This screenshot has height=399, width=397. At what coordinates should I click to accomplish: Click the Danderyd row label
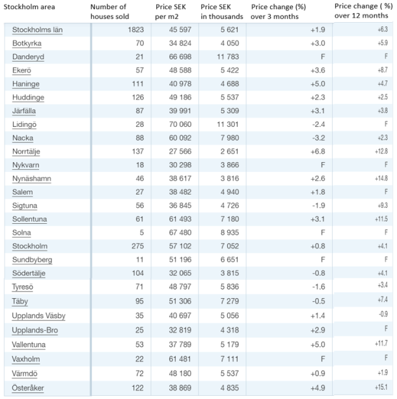click(28, 57)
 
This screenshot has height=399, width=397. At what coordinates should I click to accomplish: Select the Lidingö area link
click(24, 124)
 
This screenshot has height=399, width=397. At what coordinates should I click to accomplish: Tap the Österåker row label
click(28, 388)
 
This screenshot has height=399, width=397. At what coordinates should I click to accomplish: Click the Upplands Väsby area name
click(38, 316)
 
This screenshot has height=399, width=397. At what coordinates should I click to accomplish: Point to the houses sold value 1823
click(135, 29)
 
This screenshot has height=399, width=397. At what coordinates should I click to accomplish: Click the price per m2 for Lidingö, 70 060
click(180, 124)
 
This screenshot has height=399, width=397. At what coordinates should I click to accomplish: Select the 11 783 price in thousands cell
click(228, 57)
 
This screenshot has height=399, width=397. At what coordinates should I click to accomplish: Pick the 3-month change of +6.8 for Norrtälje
click(318, 152)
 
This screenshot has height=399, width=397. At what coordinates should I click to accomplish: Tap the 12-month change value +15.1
click(381, 387)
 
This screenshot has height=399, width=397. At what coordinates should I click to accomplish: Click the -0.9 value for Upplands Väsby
click(383, 314)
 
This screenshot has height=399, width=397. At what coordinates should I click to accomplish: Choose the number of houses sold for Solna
click(141, 232)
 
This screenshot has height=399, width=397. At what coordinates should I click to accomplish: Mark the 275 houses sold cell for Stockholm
click(138, 246)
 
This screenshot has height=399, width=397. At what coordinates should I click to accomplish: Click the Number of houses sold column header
click(110, 12)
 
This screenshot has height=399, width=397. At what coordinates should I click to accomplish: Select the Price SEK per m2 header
click(171, 12)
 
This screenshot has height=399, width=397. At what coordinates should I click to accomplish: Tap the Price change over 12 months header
click(363, 10)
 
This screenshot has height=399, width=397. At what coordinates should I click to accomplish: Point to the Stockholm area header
click(29, 7)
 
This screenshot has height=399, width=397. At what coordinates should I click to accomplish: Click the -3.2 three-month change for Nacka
click(319, 138)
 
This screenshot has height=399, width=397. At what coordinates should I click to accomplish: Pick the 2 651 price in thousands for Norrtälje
click(230, 152)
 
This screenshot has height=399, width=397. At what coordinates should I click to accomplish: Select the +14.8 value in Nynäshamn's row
click(381, 178)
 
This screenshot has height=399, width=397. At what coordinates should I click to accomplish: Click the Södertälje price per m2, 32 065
click(180, 273)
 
